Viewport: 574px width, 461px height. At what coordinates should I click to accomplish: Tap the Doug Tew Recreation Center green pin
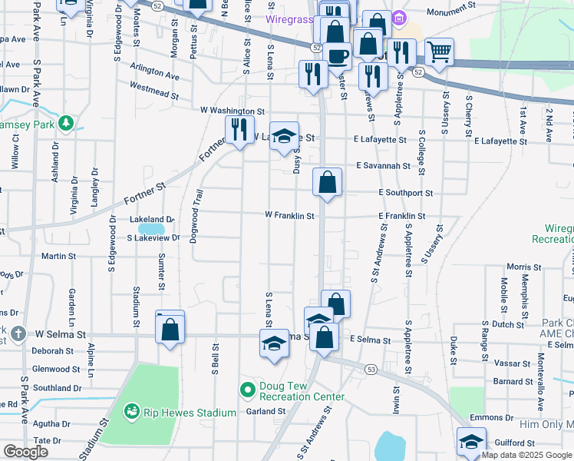(247, 390)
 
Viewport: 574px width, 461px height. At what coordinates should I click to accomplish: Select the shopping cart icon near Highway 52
(439, 52)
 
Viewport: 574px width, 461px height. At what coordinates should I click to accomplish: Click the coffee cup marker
(337, 55)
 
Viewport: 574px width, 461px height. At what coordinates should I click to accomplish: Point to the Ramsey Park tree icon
(66, 123)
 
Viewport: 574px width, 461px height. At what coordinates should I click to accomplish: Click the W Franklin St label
(289, 216)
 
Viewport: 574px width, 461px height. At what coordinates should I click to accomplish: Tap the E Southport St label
(405, 193)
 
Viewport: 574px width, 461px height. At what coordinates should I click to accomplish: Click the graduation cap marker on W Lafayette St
(284, 137)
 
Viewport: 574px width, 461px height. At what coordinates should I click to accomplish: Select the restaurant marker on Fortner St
(239, 131)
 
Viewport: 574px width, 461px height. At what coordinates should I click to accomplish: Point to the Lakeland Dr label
(152, 219)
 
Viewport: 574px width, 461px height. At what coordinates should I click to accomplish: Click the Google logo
(25, 451)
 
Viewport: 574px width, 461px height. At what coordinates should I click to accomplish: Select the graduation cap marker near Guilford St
(471, 442)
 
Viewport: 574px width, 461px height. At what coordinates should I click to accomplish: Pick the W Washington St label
(233, 111)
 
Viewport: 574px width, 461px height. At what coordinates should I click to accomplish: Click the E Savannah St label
(383, 166)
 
